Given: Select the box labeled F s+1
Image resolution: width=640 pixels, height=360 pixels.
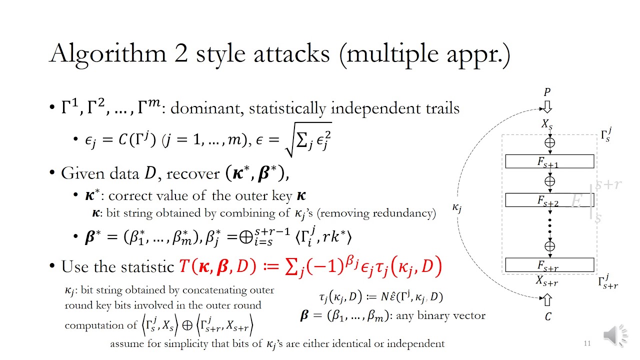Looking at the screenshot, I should (x=549, y=161).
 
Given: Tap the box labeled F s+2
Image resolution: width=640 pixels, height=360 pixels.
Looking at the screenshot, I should (x=549, y=200).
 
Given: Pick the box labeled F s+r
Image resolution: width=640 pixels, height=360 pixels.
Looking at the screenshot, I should (x=549, y=264).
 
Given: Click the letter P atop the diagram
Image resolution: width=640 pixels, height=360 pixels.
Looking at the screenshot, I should (x=547, y=92).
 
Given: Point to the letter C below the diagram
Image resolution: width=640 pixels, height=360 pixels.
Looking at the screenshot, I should (x=548, y=317).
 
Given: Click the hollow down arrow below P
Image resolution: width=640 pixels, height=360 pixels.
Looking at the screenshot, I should (x=547, y=106).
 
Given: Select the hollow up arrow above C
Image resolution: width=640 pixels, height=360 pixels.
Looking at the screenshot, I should (x=547, y=300).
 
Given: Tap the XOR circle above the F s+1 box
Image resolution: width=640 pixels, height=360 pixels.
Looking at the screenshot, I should (x=549, y=142).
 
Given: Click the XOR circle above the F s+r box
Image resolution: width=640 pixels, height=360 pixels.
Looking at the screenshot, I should (x=549, y=246).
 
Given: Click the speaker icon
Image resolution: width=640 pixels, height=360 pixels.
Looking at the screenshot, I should (x=615, y=335).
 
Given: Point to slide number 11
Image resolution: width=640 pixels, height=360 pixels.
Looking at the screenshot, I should (x=587, y=343).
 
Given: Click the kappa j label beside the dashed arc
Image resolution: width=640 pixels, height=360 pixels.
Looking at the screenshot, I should (x=457, y=207).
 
